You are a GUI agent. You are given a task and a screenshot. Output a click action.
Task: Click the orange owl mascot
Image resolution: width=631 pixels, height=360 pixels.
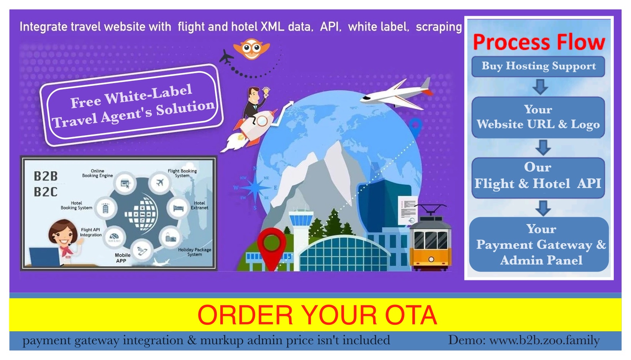coord(252,49)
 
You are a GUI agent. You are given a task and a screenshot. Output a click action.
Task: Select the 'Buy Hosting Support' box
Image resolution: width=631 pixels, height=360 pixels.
coord(538,67)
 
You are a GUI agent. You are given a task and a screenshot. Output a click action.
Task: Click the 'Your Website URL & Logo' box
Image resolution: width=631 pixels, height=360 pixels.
coord(538,117)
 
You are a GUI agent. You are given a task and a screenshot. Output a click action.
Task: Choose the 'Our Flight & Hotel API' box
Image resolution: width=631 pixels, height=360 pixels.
coord(538,178)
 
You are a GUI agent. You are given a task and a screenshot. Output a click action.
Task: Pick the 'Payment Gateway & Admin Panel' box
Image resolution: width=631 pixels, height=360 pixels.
coord(539,244)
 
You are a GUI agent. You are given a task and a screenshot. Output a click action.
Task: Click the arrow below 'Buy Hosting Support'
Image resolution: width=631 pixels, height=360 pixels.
coord(540,87)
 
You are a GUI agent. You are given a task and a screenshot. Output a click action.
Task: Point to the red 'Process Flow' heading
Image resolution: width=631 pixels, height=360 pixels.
coord(539,42)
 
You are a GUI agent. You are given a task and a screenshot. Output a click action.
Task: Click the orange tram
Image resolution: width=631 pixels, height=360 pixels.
coord(430,239)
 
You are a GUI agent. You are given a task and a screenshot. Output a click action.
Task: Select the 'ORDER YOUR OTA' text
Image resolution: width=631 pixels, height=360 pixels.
coord(317,315)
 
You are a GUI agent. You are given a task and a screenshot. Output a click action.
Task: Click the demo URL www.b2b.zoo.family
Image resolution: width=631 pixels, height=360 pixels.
coord(545,340)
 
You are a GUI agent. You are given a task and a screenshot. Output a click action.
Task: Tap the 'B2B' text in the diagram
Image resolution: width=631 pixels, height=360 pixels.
coord(46,176)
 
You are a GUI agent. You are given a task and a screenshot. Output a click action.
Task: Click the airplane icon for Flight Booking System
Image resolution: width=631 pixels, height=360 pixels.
coord(160,183)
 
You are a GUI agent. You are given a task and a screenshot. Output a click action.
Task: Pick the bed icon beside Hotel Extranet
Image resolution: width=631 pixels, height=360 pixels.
coord(178,208)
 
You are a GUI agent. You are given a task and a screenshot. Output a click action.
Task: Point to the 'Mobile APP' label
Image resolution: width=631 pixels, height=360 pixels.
coord(123,258)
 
